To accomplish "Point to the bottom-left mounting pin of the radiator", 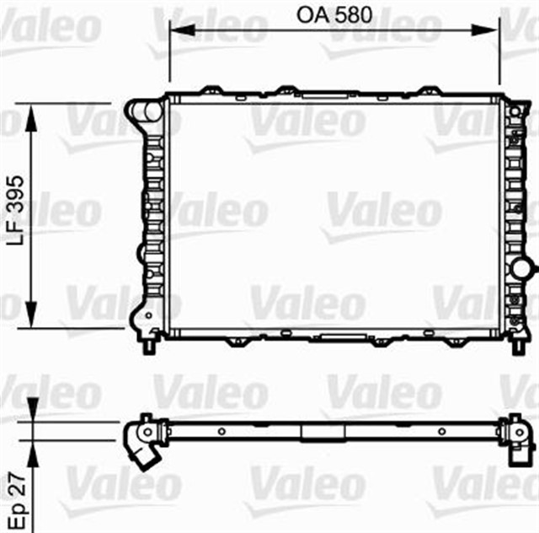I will click(x=150, y=345).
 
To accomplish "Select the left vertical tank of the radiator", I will click(x=152, y=219).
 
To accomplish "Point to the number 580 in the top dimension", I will click(x=353, y=14).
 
